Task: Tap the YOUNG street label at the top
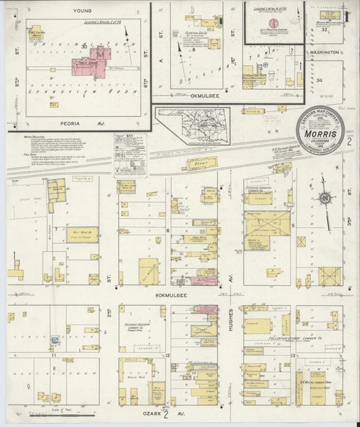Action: tap(83, 11)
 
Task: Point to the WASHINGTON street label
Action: tap(326, 51)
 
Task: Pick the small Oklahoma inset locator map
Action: tap(192, 126)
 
